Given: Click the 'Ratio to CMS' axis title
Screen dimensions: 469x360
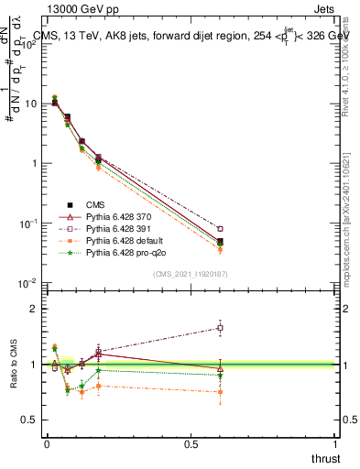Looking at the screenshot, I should [12, 364].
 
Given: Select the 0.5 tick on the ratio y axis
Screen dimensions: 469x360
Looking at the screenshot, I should [33, 420].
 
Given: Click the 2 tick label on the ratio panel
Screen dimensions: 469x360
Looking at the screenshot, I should [36, 309].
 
